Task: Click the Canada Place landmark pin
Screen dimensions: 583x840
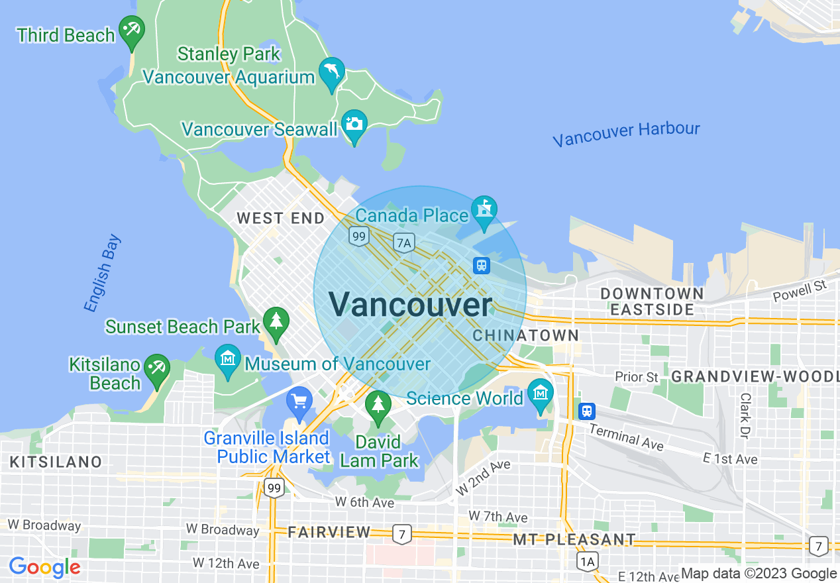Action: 484,211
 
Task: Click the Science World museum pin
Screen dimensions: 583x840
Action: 541,394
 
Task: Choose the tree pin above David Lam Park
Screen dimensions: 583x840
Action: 378,405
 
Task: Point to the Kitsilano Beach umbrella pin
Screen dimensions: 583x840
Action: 157,370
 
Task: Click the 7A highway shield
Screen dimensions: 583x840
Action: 403,243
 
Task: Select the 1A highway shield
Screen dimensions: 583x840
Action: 587,562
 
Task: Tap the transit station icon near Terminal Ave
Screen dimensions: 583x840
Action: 586,411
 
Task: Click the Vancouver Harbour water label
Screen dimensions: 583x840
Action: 626,134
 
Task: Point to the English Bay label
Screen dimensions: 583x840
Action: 103,273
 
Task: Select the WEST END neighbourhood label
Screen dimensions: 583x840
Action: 281,218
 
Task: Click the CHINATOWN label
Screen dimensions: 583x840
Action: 526,336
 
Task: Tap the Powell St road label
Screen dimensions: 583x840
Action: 800,291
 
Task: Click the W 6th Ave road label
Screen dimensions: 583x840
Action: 364,502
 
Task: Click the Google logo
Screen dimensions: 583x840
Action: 44,568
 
